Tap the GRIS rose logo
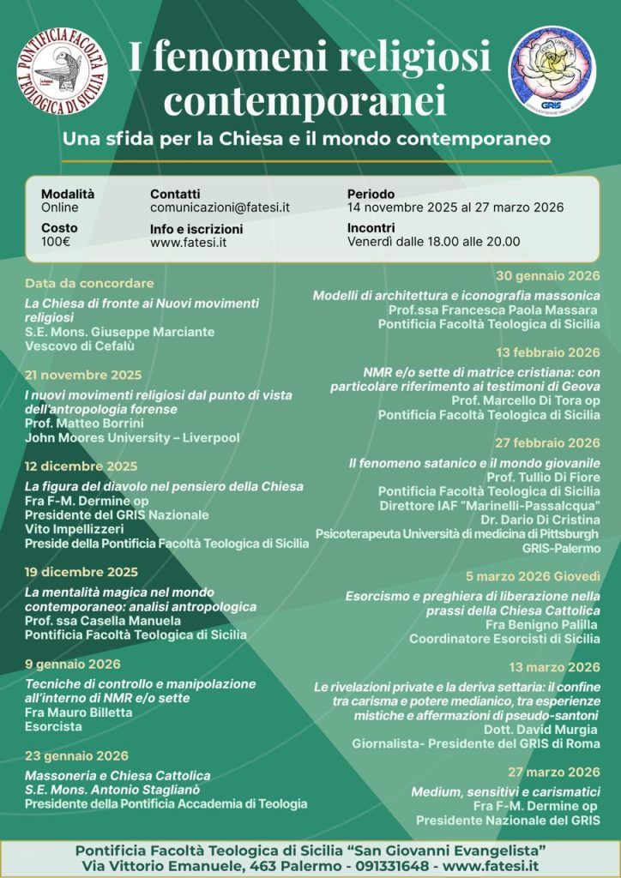(x=552, y=66)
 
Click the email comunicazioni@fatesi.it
(x=220, y=207)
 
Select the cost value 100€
(x=56, y=242)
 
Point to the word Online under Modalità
(x=60, y=207)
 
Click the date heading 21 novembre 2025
(x=83, y=375)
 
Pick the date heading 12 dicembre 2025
(x=81, y=466)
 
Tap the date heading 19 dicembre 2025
(x=81, y=572)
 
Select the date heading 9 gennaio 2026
(x=73, y=664)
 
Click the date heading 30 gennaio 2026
(x=548, y=275)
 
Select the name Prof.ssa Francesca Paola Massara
(x=494, y=310)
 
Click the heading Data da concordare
(x=89, y=283)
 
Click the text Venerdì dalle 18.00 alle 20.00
(x=433, y=242)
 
